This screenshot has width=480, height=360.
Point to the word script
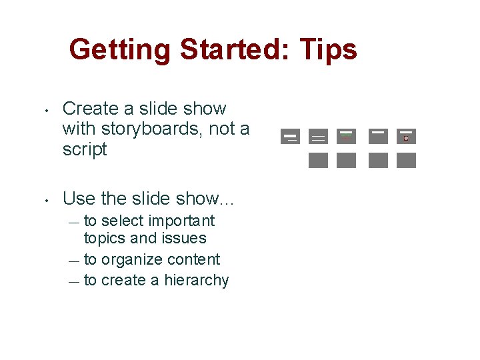click(85, 149)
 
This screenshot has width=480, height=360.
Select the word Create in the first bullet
click(88, 108)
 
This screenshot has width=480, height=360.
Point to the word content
click(195, 259)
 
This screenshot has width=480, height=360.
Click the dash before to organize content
click(73, 261)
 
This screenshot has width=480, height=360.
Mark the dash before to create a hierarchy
click(73, 282)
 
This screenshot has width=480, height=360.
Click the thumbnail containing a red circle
click(406, 136)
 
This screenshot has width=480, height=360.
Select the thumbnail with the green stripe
click(346, 136)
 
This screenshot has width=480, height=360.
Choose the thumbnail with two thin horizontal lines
click(318, 137)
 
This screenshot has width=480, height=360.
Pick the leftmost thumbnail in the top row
click(290, 136)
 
